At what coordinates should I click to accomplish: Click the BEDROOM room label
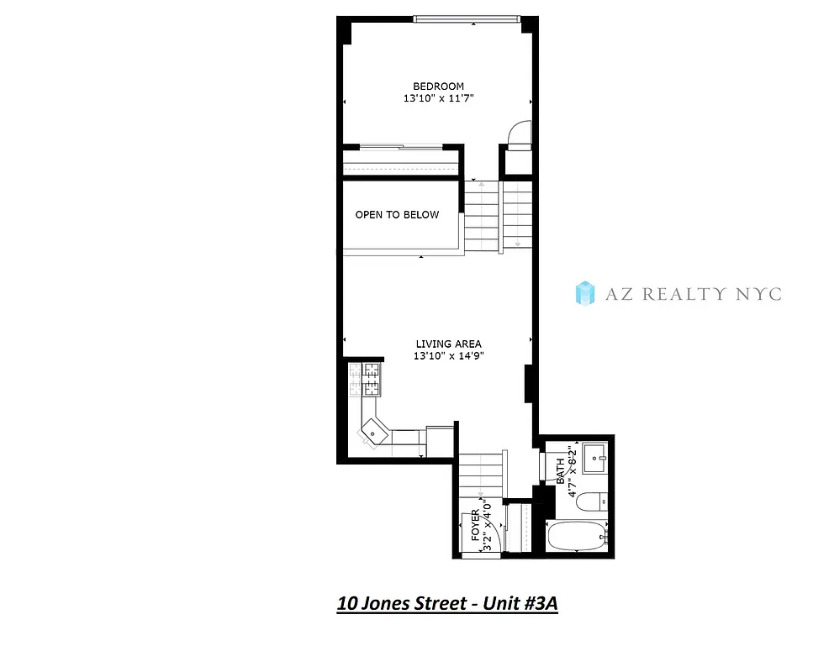pos(438,87)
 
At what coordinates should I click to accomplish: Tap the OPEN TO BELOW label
pos(397,215)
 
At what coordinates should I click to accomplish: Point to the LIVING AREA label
pos(448,344)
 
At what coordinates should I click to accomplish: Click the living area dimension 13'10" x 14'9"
pos(448,356)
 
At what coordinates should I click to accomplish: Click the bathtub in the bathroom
pos(576,535)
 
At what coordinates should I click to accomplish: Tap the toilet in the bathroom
pos(593,501)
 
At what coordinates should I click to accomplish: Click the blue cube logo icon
pos(584,293)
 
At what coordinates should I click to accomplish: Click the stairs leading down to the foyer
pos(479,475)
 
